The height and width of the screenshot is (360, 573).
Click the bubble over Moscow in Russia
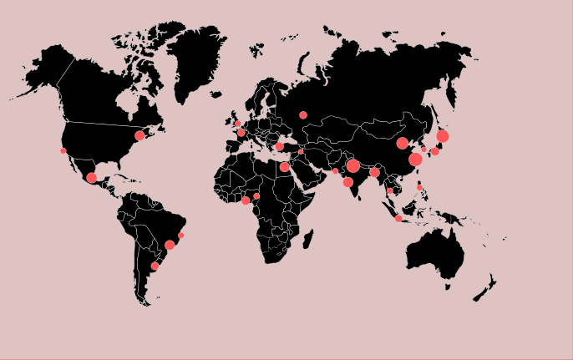pyautogui.click(x=303, y=115)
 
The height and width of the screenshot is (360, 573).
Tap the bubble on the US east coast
pyautogui.click(x=139, y=135)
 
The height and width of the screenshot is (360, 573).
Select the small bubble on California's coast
pyautogui.click(x=63, y=151)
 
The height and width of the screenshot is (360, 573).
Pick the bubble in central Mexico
pyautogui.click(x=91, y=178)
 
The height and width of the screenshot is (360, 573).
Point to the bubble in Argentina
pyautogui.click(x=155, y=266)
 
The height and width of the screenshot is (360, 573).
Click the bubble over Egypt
pyautogui.click(x=284, y=167)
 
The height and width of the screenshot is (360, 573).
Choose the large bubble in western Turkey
pyautogui.click(x=279, y=146)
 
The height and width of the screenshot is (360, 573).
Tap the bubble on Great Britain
pyautogui.click(x=237, y=124)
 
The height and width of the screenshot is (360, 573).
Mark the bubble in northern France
pyautogui.click(x=241, y=132)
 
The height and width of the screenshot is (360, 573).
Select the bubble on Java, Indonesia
pyautogui.click(x=398, y=218)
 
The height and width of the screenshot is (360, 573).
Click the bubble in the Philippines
pyautogui.click(x=419, y=187)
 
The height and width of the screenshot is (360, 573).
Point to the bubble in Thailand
pyautogui.click(x=389, y=190)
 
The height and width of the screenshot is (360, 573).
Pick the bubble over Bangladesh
pyautogui.click(x=374, y=173)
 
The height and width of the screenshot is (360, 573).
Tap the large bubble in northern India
pyautogui.click(x=353, y=166)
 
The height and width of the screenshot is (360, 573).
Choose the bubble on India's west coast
pyautogui.click(x=347, y=182)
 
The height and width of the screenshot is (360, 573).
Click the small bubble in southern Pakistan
pyautogui.click(x=336, y=171)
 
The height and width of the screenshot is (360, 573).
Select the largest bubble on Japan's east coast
pyautogui.click(x=443, y=136)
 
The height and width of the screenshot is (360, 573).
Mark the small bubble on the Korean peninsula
pyautogui.click(x=423, y=150)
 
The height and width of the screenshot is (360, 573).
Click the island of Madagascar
pyautogui.click(x=308, y=240)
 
